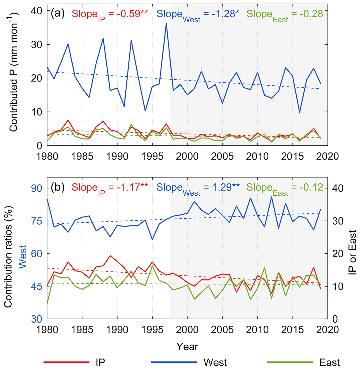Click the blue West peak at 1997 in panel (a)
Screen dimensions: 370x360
coord(166,24)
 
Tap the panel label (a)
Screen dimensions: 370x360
coord(58,13)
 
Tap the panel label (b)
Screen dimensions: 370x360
coord(58,187)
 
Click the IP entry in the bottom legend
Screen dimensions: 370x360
coord(100,362)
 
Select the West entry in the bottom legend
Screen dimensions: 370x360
coord(215,362)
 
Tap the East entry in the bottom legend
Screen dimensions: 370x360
coord(329,362)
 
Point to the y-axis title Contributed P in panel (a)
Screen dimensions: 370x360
coord(14,72)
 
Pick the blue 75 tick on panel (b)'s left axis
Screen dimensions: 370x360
coord(36,221)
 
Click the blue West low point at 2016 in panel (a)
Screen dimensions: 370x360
coord(299,112)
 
